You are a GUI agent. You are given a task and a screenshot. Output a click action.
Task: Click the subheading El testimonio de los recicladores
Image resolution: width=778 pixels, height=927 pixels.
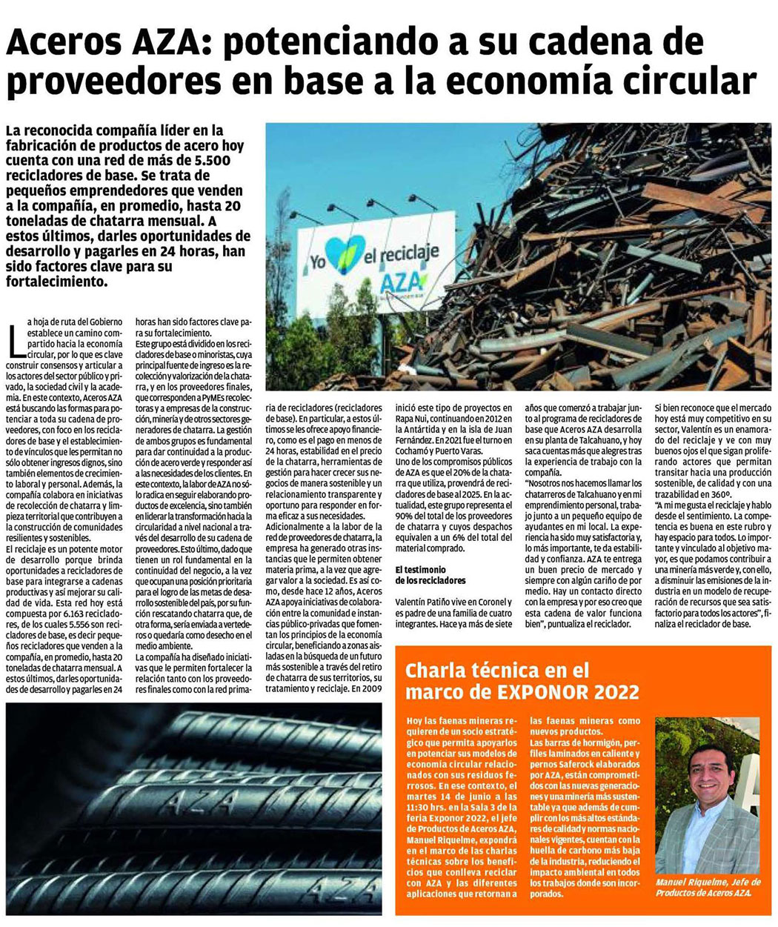(x=430, y=574)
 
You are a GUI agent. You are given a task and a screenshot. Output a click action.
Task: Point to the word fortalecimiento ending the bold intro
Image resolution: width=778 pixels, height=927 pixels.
(x=56, y=282)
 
